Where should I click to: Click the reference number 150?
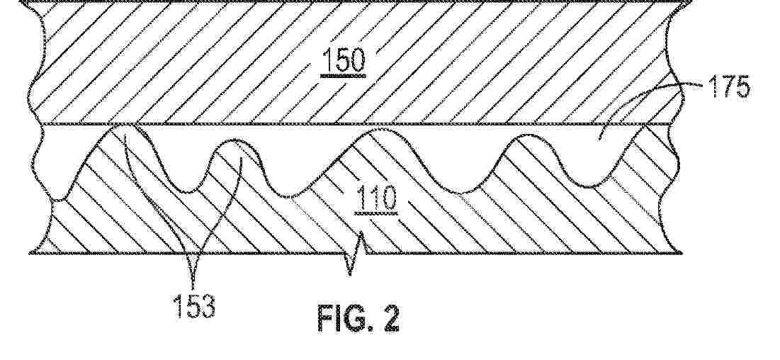click(x=343, y=59)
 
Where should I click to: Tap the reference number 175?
click(x=730, y=89)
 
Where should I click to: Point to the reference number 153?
click(x=194, y=305)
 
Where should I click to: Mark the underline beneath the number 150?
click(x=343, y=76)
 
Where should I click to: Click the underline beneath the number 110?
click(x=376, y=214)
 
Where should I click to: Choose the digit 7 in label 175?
click(x=728, y=89)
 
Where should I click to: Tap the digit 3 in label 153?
click(x=208, y=305)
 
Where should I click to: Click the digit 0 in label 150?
click(x=357, y=59)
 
